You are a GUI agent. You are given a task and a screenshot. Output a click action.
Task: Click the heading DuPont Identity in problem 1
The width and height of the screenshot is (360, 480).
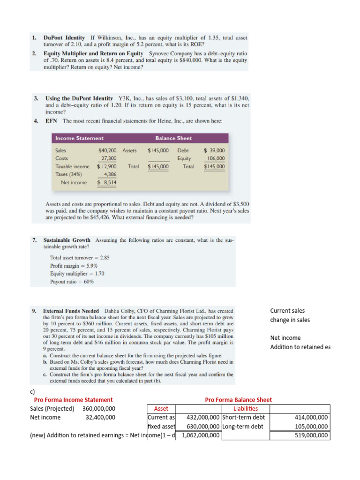[64, 37]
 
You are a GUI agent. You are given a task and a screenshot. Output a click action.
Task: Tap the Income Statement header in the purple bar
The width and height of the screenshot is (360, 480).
[79, 138]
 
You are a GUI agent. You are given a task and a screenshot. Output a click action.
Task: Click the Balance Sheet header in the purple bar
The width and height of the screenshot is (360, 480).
[173, 138]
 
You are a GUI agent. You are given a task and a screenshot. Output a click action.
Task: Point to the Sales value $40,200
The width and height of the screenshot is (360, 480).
[108, 150]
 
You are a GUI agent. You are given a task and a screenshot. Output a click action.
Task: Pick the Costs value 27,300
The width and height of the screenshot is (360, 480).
[109, 158]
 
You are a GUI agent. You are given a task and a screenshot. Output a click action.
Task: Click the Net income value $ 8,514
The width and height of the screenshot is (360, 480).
[107, 182]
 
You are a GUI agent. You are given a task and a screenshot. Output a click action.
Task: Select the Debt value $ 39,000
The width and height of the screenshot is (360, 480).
[214, 150]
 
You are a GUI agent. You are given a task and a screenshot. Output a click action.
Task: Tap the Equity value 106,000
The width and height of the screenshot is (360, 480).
[216, 158]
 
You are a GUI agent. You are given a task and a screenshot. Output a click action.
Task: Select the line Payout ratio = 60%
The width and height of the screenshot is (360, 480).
[72, 282]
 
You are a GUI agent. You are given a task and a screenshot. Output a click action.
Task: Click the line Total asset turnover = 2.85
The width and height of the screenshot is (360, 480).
[80, 257]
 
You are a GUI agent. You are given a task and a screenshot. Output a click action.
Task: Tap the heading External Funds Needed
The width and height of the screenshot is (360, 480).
[71, 311]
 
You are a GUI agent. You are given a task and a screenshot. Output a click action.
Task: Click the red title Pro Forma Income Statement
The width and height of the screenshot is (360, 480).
[73, 400]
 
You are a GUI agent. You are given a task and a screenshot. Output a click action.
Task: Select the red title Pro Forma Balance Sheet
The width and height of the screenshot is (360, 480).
[238, 400]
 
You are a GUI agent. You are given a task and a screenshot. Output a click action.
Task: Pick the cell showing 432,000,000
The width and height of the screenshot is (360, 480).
[202, 418]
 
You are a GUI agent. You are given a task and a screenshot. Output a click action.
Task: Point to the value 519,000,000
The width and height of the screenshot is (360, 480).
[312, 435]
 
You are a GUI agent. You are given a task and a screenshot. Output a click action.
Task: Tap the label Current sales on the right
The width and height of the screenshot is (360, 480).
[287, 311]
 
